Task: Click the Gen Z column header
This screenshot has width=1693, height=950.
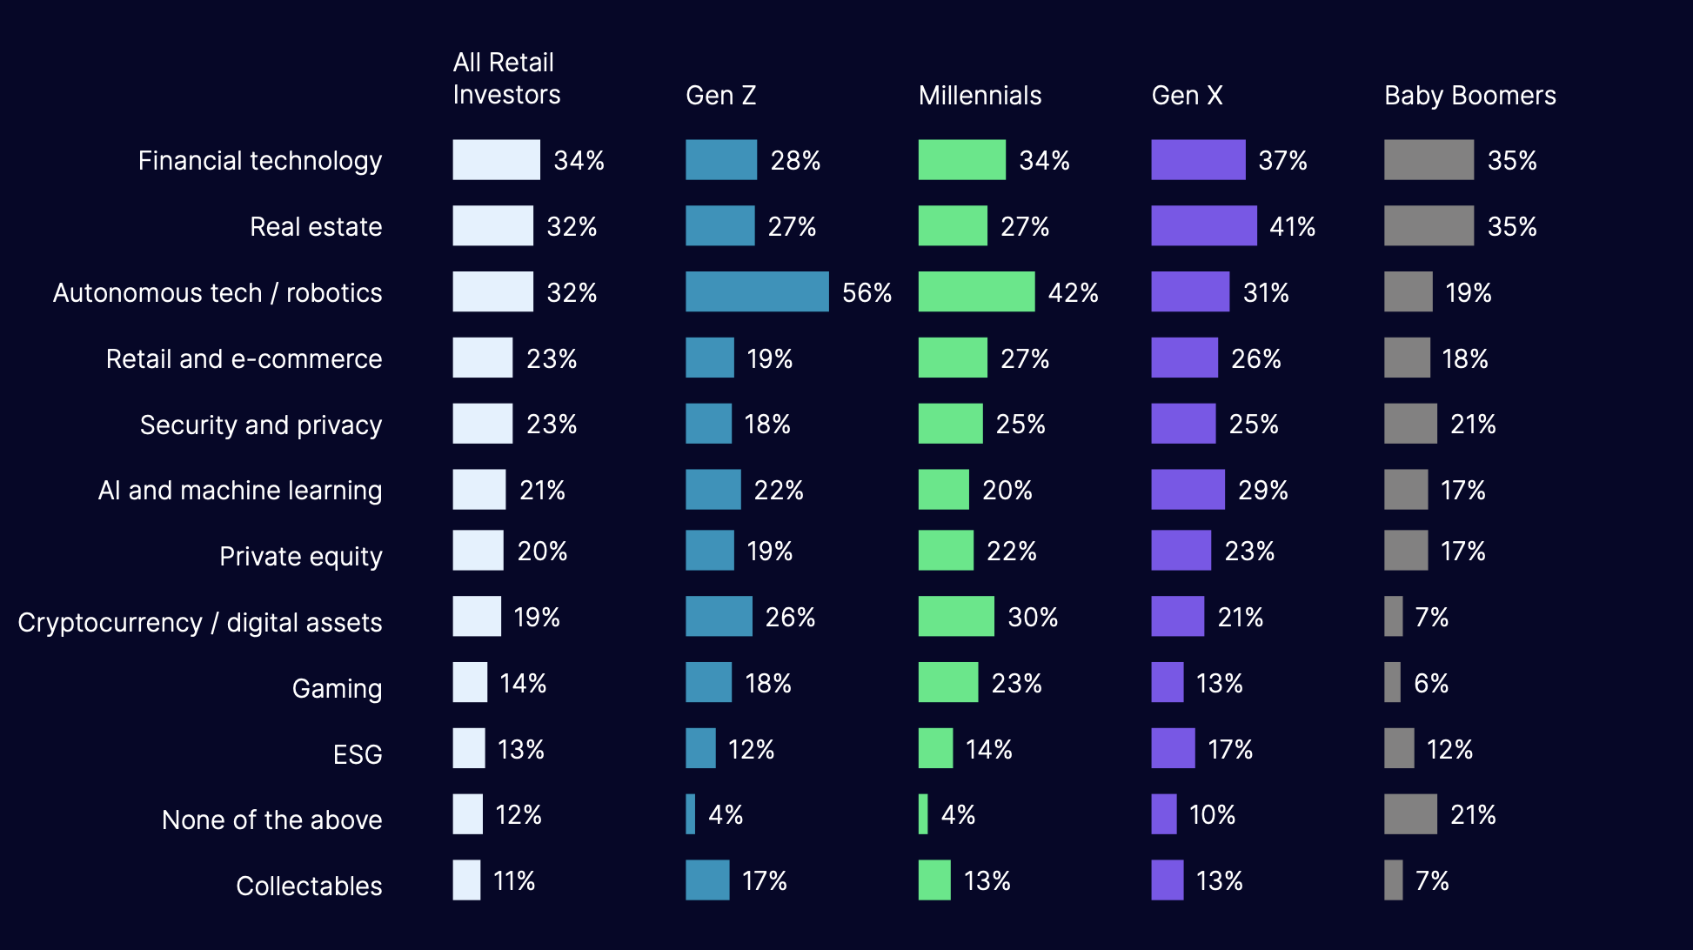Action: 720,96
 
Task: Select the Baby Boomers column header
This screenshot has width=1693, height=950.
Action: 1469,96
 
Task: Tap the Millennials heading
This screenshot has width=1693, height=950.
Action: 980,96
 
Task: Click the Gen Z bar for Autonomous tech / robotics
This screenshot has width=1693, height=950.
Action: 756,291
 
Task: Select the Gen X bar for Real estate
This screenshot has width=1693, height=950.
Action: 1203,226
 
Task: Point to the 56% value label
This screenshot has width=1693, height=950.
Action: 867,292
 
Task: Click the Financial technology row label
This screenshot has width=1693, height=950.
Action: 259,161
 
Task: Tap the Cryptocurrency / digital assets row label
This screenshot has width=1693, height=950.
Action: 199,623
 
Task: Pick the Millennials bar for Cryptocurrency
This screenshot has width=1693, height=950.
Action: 955,616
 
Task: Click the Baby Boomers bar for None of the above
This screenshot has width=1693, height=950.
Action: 1409,814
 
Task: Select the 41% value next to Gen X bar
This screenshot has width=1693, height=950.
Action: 1292,227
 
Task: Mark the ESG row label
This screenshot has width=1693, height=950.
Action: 358,754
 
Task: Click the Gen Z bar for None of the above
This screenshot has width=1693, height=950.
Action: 690,814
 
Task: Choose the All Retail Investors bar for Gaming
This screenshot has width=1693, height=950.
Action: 470,682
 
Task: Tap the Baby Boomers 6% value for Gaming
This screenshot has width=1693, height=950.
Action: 1431,684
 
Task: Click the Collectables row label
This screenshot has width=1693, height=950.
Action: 309,886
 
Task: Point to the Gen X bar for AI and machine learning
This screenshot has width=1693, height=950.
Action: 1188,489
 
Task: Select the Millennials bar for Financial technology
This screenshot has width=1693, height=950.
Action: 961,160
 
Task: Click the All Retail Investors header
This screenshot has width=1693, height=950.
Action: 505,78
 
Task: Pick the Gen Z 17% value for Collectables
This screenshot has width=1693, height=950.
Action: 764,881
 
